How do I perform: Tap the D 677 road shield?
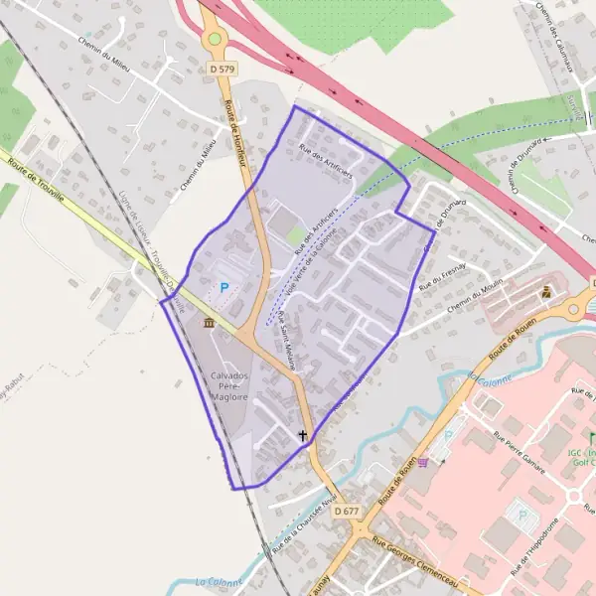point(347,511)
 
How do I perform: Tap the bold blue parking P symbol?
point(223,287)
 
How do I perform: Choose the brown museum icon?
point(209,323)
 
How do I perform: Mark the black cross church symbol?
point(303,435)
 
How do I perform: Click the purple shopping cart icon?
point(424,460)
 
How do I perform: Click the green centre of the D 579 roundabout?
point(214,40)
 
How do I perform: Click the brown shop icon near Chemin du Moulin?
point(545,292)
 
